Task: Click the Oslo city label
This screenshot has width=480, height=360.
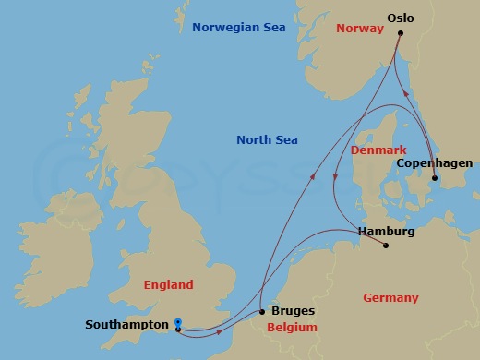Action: tap(401, 17)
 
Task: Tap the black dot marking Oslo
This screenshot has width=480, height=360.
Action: tap(401, 33)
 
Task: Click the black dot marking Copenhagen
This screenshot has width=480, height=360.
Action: tap(435, 179)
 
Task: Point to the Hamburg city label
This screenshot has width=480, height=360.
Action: tap(385, 231)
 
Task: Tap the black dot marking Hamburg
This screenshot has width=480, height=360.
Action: tap(385, 246)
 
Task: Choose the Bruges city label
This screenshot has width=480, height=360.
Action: tap(293, 311)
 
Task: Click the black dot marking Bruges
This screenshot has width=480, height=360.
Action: tap(263, 312)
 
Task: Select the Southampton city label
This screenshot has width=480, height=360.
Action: tap(126, 325)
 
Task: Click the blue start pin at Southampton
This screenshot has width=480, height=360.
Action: tap(177, 321)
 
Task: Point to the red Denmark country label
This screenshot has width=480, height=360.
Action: tap(378, 150)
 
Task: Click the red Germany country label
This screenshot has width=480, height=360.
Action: tap(390, 298)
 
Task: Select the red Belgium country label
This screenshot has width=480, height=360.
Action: tap(292, 328)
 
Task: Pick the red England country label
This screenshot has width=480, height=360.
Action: tap(167, 285)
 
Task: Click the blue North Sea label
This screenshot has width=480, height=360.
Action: tap(267, 140)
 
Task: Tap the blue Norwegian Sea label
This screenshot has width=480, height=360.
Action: tap(238, 28)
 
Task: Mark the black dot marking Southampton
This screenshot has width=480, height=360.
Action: tap(177, 329)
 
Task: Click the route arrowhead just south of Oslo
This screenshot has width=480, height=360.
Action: tap(405, 93)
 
